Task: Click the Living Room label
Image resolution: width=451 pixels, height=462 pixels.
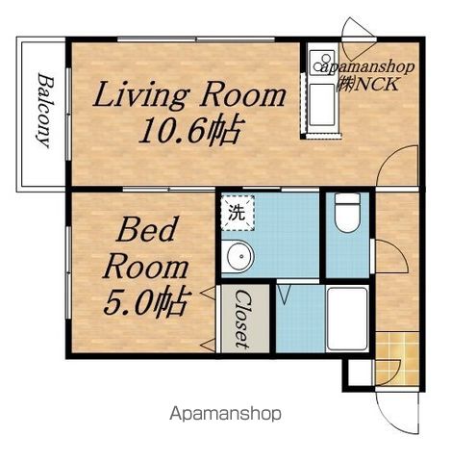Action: tap(189, 94)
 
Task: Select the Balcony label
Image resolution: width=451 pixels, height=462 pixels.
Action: tap(44, 111)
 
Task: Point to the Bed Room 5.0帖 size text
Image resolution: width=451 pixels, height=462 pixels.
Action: tap(145, 302)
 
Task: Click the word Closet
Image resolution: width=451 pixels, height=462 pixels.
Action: tap(242, 319)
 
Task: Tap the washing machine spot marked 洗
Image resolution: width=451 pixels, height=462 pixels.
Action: tap(238, 213)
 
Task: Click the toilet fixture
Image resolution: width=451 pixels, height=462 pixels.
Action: tap(347, 213)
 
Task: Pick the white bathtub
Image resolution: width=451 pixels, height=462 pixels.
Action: tap(347, 320)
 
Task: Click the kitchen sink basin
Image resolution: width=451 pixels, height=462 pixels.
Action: tap(322, 105)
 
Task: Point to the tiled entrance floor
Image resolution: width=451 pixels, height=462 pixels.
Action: tap(397, 359)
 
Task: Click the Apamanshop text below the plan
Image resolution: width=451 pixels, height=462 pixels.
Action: tap(226, 414)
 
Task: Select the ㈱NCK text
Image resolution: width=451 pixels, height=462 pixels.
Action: tap(367, 84)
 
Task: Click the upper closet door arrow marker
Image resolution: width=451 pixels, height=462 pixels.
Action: tap(208, 294)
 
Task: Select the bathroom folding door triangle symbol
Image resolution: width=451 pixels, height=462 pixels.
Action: tap(284, 295)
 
